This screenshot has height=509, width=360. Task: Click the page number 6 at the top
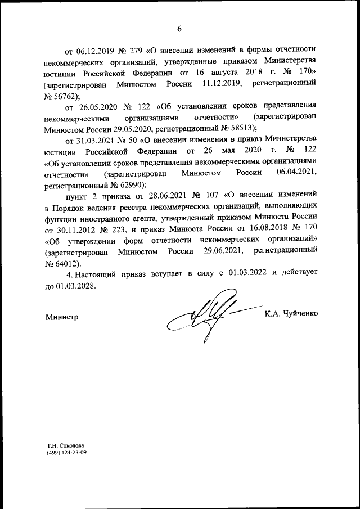click(180, 29)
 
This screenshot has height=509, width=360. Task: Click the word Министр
click(61, 317)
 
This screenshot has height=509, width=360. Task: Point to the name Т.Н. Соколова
click(67, 444)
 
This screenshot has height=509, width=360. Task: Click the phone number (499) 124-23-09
click(67, 451)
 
